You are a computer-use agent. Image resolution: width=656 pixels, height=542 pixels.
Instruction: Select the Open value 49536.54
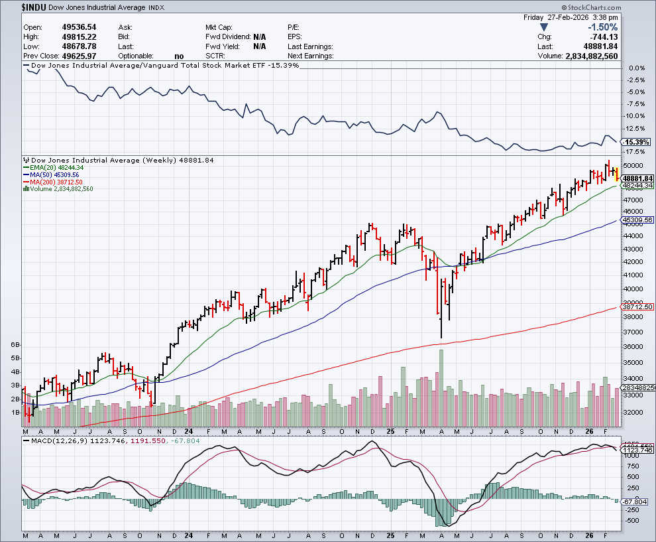[x=78, y=27]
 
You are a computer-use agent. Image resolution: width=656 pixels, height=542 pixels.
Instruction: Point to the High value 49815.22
[x=78, y=36]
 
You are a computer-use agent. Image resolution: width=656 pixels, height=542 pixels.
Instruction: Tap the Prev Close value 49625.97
[x=78, y=56]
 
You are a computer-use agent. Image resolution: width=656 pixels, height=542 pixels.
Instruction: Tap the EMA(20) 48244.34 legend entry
[x=56, y=167]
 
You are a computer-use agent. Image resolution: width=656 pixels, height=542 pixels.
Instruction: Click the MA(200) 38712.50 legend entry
[x=56, y=182]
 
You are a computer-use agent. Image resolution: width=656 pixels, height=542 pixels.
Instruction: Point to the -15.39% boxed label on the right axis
[x=637, y=143]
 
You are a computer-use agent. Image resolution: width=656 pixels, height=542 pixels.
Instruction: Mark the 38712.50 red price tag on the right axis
[x=638, y=307]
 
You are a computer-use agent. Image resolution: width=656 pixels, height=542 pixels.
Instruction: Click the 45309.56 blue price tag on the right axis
[x=638, y=220]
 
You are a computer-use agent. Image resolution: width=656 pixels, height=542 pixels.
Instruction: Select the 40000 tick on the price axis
[x=635, y=289]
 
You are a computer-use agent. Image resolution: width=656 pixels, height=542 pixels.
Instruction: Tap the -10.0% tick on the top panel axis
[x=636, y=116]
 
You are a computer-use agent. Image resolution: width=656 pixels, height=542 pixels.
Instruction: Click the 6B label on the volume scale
[x=16, y=345]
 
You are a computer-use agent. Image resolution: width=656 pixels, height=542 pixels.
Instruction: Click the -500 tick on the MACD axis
[x=633, y=521]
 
